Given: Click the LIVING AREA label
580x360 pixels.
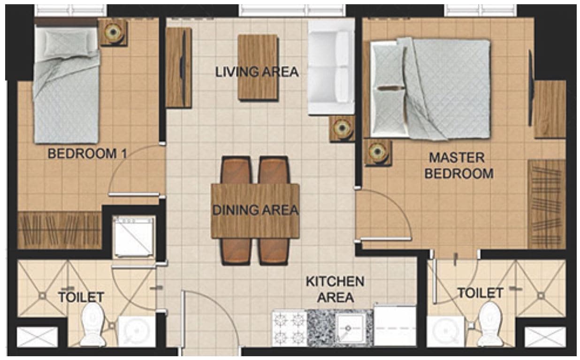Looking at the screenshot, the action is [257, 72].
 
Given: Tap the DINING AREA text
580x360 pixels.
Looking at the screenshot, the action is [255, 210].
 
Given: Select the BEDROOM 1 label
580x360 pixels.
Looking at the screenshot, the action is [88, 153].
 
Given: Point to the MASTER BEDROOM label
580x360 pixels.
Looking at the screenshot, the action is [459, 166].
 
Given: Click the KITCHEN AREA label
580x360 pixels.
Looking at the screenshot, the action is [335, 290].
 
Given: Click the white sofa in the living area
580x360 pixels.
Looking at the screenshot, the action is [331, 67].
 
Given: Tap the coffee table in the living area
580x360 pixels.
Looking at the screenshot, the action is [258, 68].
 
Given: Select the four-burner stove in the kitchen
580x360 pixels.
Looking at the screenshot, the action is [289, 328].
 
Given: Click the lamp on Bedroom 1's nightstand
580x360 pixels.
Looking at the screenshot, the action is [113, 32].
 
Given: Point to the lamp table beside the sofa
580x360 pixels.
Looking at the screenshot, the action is [342, 129].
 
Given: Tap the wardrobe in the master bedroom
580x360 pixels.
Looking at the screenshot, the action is [547, 204].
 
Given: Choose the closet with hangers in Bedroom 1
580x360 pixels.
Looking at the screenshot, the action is [59, 230].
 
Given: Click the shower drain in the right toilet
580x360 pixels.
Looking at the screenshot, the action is [541, 296].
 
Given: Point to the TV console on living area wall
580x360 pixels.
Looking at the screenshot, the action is [178, 68].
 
